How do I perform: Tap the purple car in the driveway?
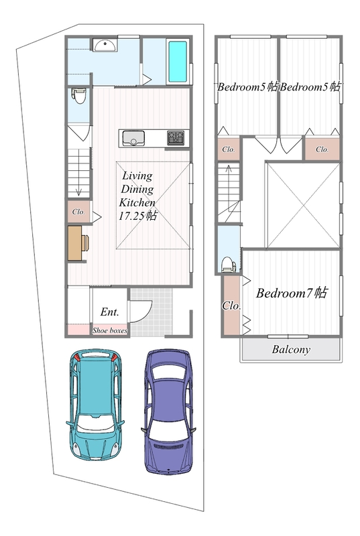pyautogui.click(x=168, y=411)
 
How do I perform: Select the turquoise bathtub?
pyautogui.click(x=178, y=62)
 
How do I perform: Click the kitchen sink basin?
pyautogui.click(x=133, y=138)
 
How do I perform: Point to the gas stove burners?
pyautogui.click(x=176, y=137)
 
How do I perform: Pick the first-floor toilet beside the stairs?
pyautogui.click(x=79, y=95)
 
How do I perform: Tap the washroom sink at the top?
pyautogui.click(x=105, y=45)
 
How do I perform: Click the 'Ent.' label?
pyautogui.click(x=109, y=312)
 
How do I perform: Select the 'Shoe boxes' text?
pyautogui.click(x=110, y=330)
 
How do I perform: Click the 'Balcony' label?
pyautogui.click(x=291, y=349)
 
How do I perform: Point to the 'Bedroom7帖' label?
pyautogui.click(x=292, y=293)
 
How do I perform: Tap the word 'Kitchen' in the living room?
pyautogui.click(x=137, y=202)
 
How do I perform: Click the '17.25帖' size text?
pyautogui.click(x=138, y=216)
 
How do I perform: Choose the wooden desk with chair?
pyautogui.click(x=78, y=243)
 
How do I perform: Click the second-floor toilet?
pyautogui.click(x=229, y=264)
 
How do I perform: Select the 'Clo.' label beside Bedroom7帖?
pyautogui.click(x=231, y=305)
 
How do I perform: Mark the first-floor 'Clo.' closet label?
pyautogui.click(x=78, y=212)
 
